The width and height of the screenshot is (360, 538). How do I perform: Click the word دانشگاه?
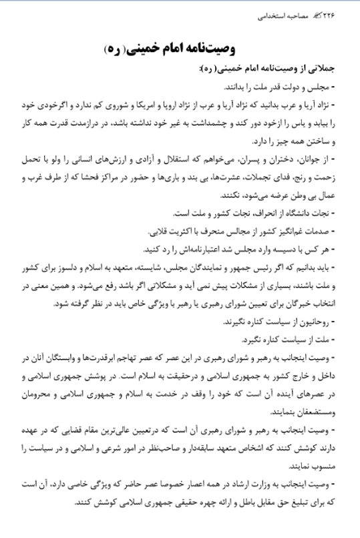[298, 214]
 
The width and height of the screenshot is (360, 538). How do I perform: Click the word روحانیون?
[321, 322]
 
